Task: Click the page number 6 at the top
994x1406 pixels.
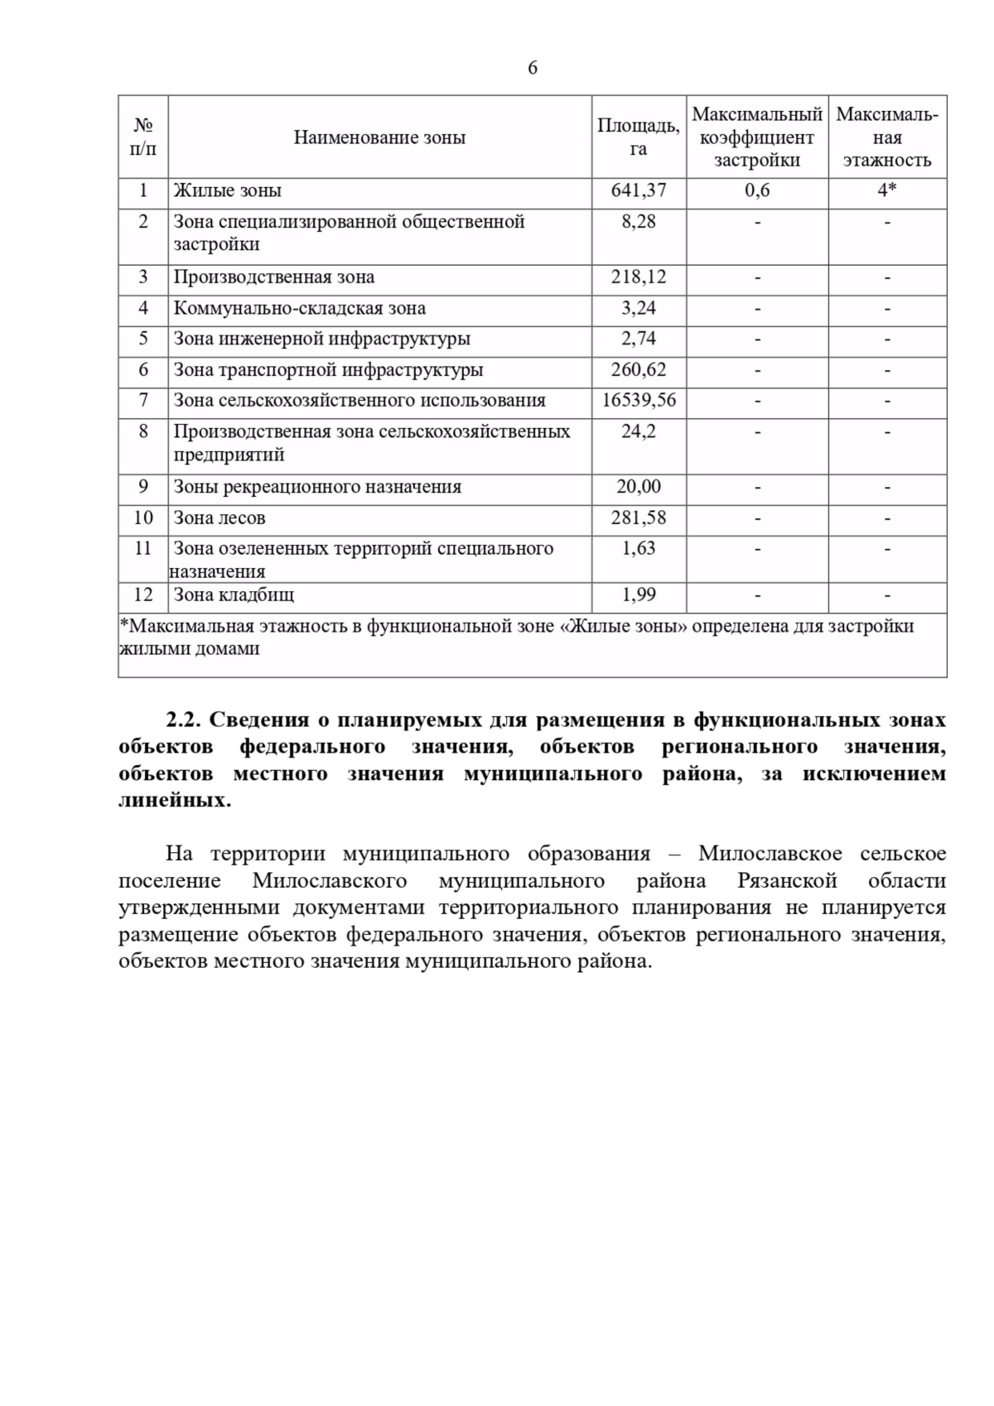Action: click(532, 68)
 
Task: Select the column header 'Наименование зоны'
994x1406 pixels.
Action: click(379, 137)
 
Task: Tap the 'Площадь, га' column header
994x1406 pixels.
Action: click(638, 137)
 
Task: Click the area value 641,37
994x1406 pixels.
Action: click(638, 191)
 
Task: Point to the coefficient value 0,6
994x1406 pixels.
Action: click(756, 191)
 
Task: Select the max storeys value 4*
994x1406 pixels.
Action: click(886, 191)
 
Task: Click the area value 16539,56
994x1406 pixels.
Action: click(638, 401)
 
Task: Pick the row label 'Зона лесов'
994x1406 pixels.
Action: click(220, 518)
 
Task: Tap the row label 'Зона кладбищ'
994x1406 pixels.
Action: click(234, 595)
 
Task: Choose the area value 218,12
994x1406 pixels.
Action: click(638, 277)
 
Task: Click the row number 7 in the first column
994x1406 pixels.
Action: click(143, 401)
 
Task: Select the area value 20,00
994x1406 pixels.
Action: click(638, 487)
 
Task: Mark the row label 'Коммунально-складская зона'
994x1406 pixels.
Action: click(299, 309)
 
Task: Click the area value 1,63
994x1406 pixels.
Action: click(638, 549)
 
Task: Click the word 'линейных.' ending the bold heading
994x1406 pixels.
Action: click(175, 801)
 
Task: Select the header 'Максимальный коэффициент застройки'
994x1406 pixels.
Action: click(756, 137)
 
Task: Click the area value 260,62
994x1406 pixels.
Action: click(638, 370)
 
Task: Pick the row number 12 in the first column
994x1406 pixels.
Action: click(143, 595)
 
